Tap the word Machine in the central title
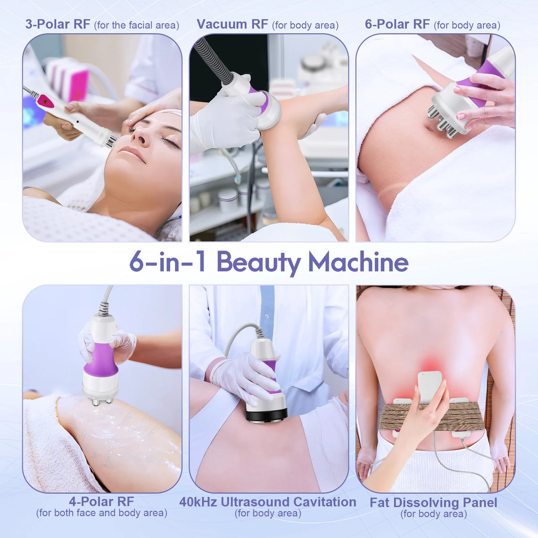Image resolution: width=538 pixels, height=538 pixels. (x=358, y=261)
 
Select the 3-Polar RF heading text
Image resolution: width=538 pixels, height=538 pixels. (x=58, y=24)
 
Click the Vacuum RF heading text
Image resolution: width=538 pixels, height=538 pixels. (x=232, y=24)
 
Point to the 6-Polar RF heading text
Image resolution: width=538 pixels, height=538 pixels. (x=397, y=24)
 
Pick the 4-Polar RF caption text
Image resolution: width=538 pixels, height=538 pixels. (x=102, y=501)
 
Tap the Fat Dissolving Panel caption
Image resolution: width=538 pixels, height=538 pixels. (x=434, y=503)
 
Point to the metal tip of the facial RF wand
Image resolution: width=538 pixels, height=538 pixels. (x=111, y=142)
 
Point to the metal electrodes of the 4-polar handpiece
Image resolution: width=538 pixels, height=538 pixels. (x=102, y=401)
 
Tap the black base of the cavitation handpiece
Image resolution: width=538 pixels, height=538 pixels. (x=266, y=415)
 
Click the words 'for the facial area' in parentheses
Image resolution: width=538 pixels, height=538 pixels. (x=137, y=25)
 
